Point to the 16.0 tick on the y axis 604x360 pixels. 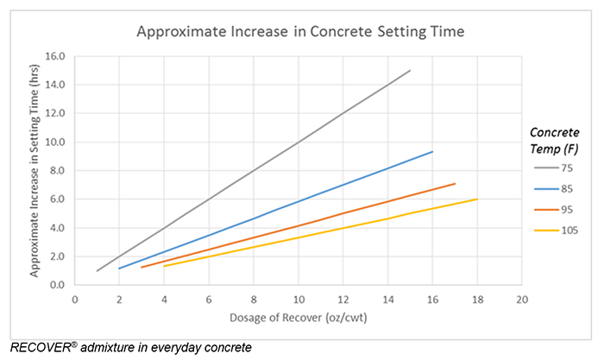56,56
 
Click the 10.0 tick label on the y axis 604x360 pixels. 56,142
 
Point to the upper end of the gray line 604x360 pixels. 410,71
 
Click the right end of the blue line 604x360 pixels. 432,152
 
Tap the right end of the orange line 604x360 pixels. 455,184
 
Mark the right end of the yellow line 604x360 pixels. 477,199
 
